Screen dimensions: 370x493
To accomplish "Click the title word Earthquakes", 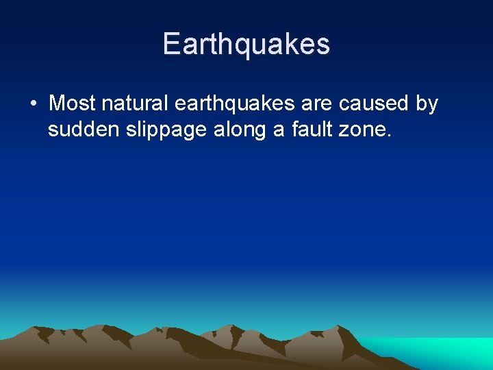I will click(246, 45).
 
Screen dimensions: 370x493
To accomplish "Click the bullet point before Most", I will click(34, 104).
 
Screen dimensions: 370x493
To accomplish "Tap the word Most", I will click(73, 103).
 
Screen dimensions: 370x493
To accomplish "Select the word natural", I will click(135, 103).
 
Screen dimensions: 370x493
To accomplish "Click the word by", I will click(427, 104).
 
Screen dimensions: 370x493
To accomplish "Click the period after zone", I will click(390, 135).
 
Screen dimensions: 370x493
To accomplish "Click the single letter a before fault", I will click(279, 129).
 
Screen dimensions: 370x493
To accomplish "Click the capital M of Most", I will click(58, 103).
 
